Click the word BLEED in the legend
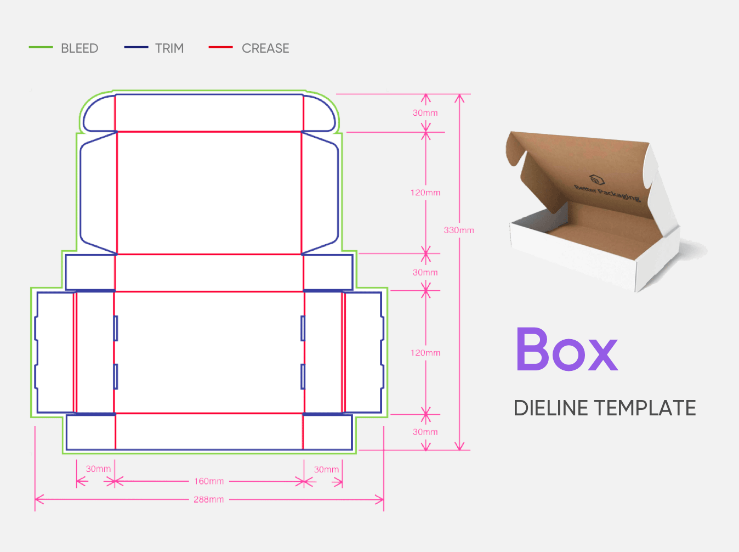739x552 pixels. pos(79,48)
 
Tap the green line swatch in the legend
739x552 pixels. pos(41,47)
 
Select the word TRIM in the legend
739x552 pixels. pos(169,48)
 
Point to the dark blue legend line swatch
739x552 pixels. pos(136,47)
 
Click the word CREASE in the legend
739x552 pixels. pos(265,48)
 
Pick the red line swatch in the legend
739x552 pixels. pos(220,47)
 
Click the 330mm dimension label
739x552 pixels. pos(458,230)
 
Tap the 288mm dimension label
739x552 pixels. pos(208,499)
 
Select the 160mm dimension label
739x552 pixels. pos(209,481)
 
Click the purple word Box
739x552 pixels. pos(567,349)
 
